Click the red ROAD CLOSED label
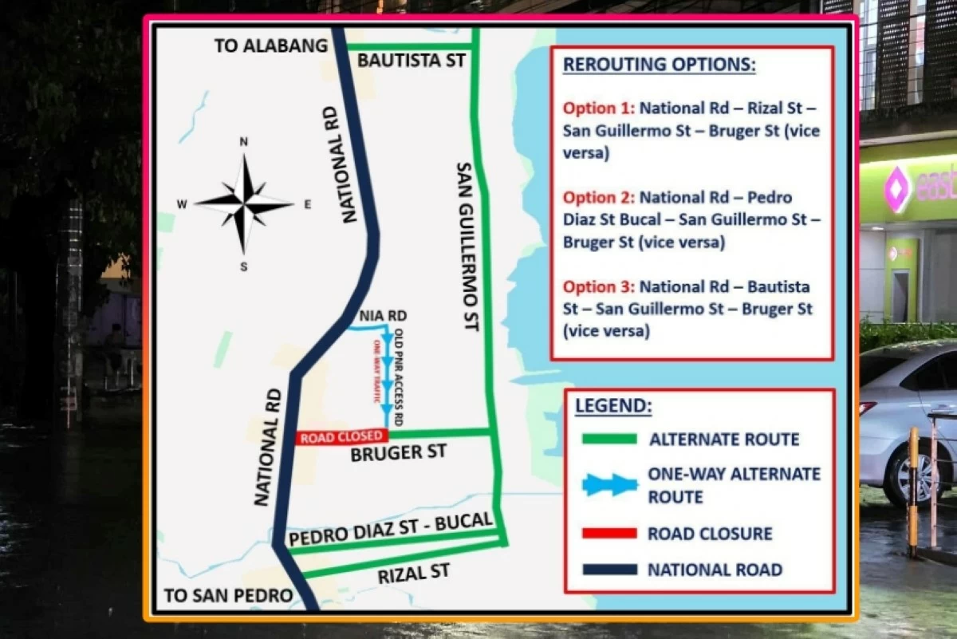tap(341, 437)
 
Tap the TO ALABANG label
tap(270, 45)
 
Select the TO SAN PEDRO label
tap(228, 595)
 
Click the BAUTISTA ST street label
tap(411, 61)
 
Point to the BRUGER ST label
tap(398, 453)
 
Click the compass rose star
tap(244, 204)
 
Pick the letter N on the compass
tap(244, 142)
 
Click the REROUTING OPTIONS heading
tap(659, 65)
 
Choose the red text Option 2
tap(598, 197)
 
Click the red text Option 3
tap(598, 286)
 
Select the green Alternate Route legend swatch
tap(609, 439)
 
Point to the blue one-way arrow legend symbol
tap(610, 485)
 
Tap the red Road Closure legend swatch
tap(609, 533)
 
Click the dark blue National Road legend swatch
tap(609, 570)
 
